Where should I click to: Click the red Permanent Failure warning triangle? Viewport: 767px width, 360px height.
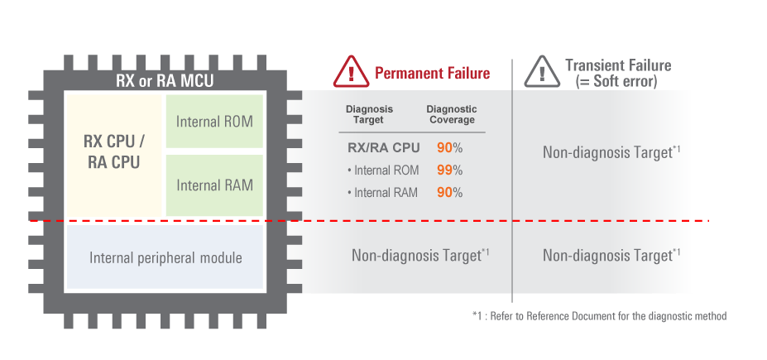click(x=352, y=72)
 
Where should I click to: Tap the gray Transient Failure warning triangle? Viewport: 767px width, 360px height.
click(x=541, y=72)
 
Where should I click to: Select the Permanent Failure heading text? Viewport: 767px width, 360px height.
click(x=432, y=73)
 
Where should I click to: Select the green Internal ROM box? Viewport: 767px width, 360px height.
click(x=214, y=121)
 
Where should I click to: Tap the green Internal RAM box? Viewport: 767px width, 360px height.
click(x=214, y=185)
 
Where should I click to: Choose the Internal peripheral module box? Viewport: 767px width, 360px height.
click(x=165, y=257)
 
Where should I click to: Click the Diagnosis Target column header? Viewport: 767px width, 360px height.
click(x=369, y=114)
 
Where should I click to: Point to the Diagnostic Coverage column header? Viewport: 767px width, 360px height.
click(x=452, y=114)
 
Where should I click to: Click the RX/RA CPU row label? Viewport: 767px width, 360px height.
click(x=384, y=148)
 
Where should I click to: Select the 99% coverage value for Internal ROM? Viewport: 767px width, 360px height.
click(x=449, y=170)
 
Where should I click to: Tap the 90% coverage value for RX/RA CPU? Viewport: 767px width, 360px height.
click(x=449, y=148)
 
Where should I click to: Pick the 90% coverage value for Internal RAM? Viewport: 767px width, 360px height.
click(x=449, y=193)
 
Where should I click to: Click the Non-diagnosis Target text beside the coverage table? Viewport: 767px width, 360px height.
click(x=611, y=152)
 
